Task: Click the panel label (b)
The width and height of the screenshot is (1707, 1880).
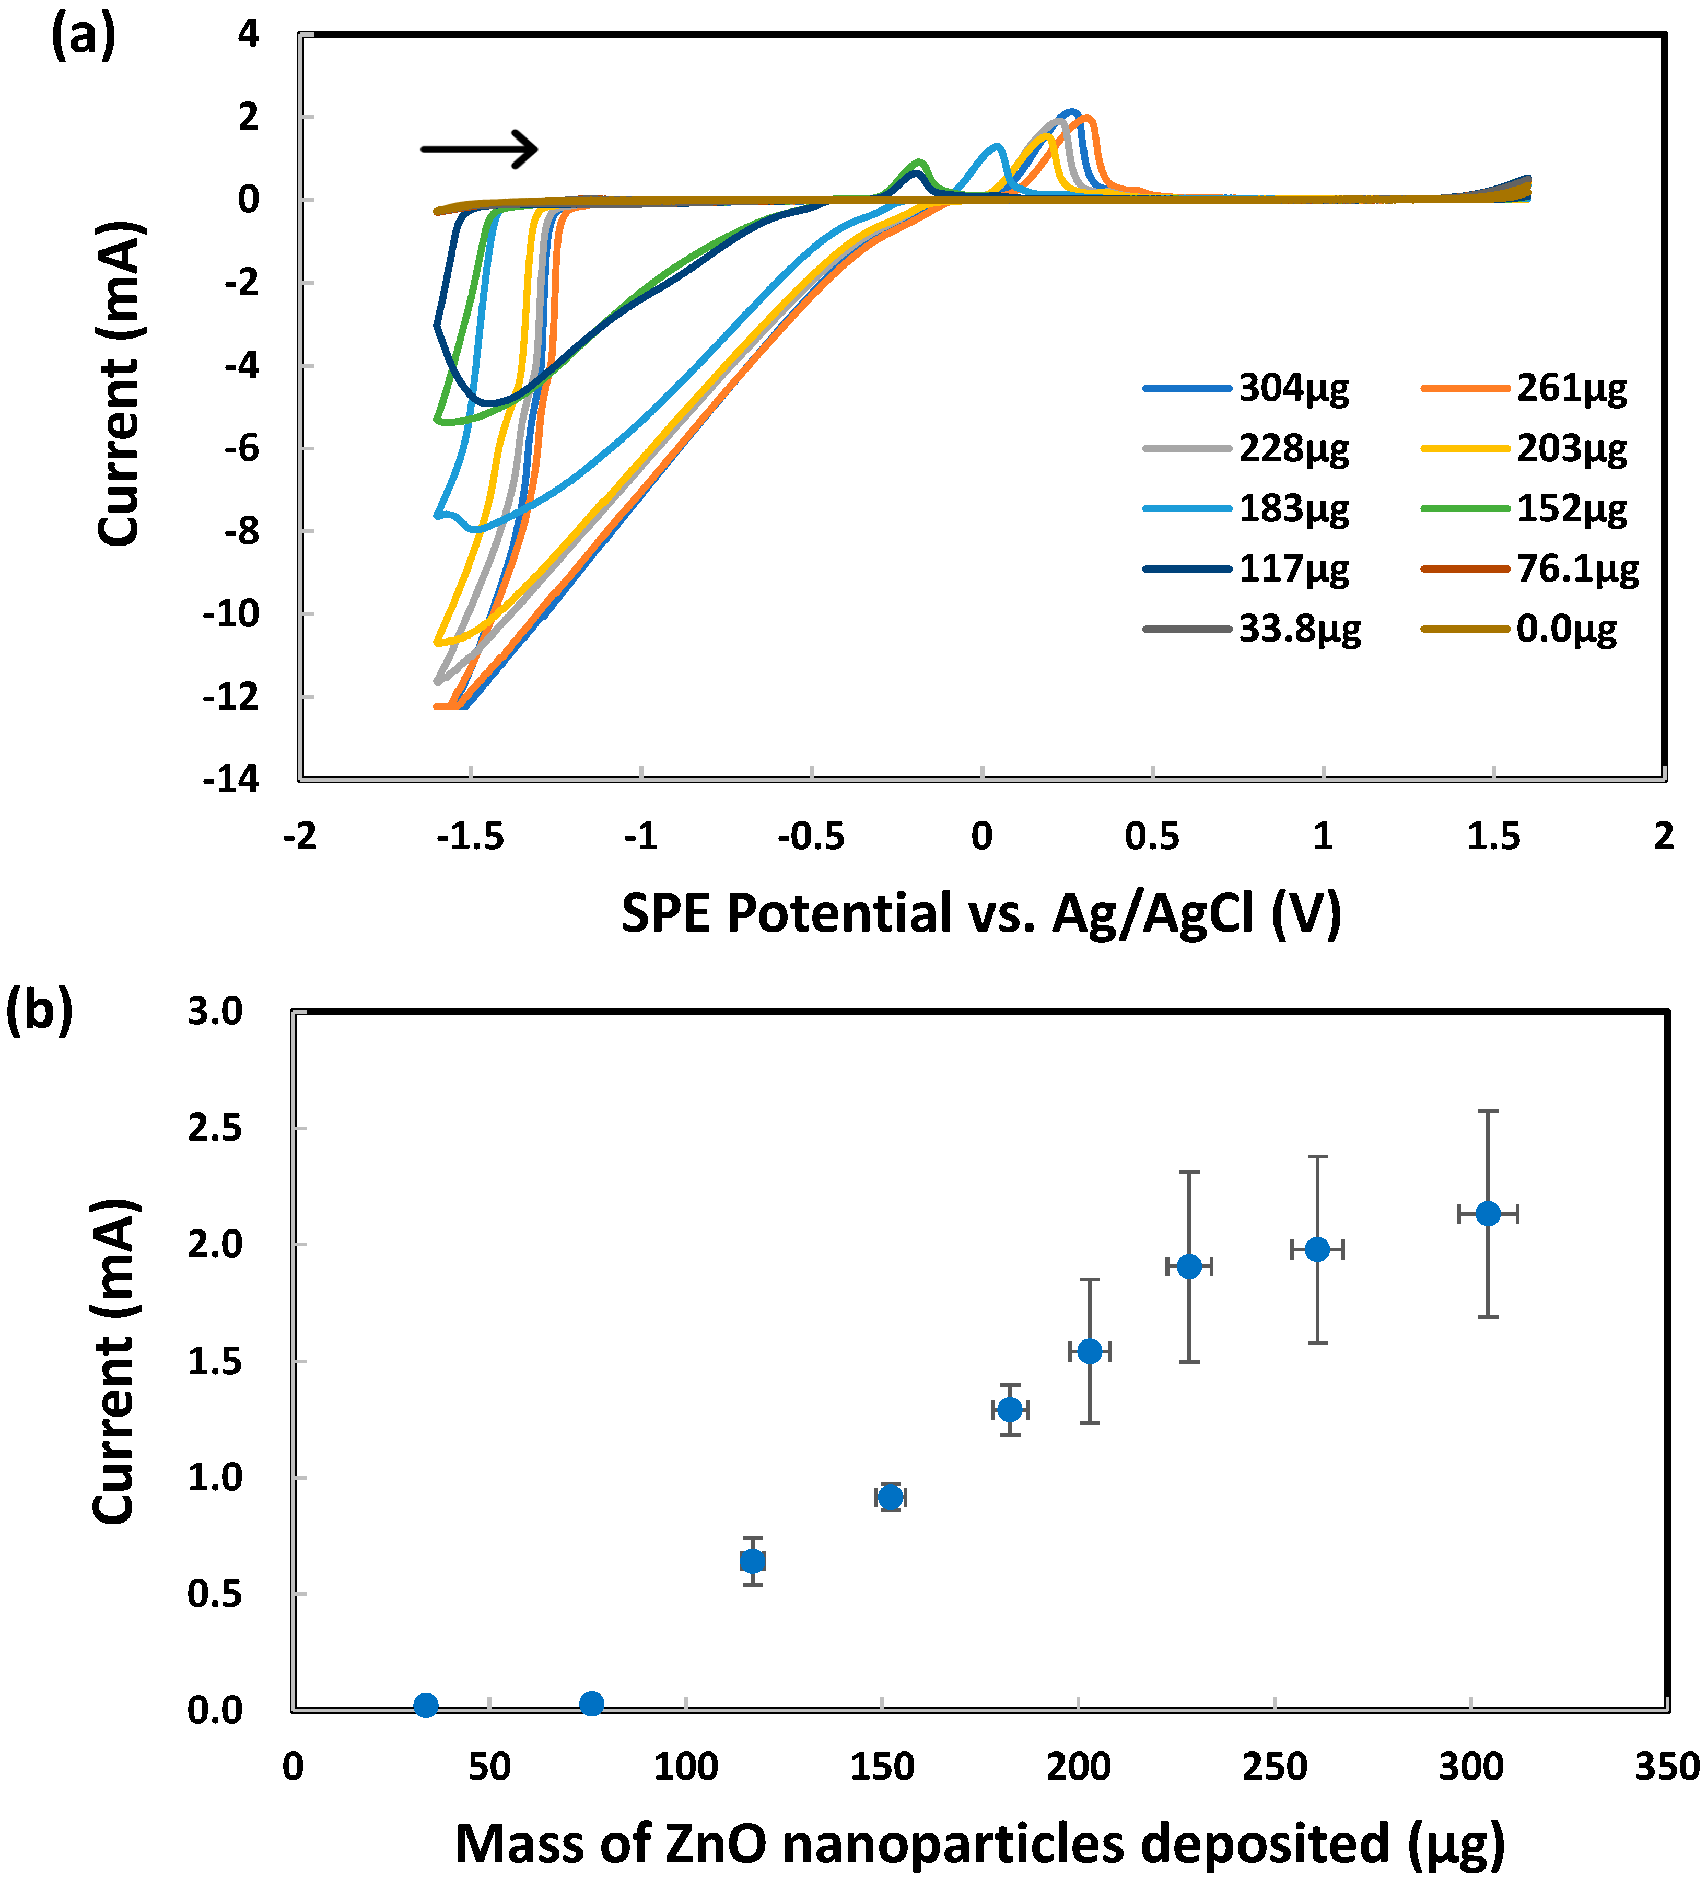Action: coord(39,1012)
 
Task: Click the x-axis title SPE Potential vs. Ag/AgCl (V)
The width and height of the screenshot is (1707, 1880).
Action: coord(981,913)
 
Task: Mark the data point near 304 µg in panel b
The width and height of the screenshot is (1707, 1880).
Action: coord(1488,1213)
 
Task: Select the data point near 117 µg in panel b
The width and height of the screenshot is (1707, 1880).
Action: coord(752,1560)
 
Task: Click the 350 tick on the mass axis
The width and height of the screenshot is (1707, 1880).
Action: coord(1667,1767)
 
